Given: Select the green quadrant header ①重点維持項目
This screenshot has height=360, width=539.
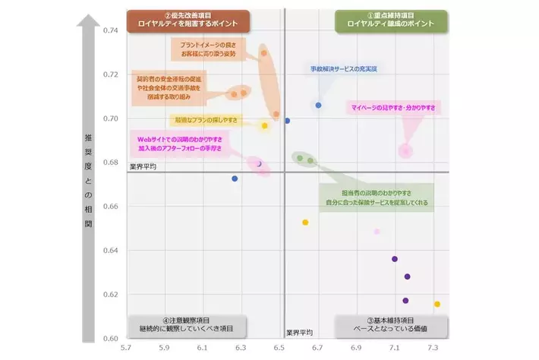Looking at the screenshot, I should pyautogui.click(x=391, y=20).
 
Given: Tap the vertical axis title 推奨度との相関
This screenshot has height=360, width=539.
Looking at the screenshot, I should pyautogui.click(x=89, y=182).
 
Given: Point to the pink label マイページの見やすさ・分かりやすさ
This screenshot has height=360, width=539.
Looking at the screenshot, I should pyautogui.click(x=392, y=109).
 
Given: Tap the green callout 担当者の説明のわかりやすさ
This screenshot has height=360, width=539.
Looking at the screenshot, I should pyautogui.click(x=376, y=197).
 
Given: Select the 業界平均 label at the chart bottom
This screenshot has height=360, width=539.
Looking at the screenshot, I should pyautogui.click(x=299, y=333).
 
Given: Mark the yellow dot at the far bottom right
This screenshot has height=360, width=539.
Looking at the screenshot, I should pyautogui.click(x=437, y=304).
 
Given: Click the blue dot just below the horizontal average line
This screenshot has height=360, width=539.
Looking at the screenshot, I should pyautogui.click(x=235, y=178).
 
